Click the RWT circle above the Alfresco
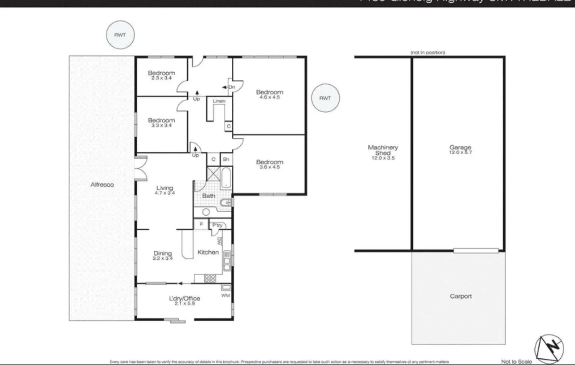pyautogui.click(x=120, y=35)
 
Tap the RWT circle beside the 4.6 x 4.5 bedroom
pyautogui.click(x=325, y=98)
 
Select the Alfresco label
pyautogui.click(x=102, y=185)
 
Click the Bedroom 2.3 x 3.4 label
pyautogui.click(x=161, y=75)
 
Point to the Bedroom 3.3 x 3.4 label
pyautogui.click(x=161, y=123)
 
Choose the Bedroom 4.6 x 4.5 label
pyautogui.click(x=269, y=94)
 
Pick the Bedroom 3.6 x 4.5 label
pyautogui.click(x=269, y=164)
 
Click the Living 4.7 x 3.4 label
pyautogui.click(x=164, y=190)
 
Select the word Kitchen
pyautogui.click(x=208, y=252)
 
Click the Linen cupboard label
pyautogui.click(x=219, y=102)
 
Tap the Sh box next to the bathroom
pyautogui.click(x=226, y=159)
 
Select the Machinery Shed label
pyautogui.click(x=383, y=152)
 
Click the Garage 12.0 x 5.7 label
pyautogui.click(x=460, y=150)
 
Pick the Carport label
pyautogui.click(x=460, y=296)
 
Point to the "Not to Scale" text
pyautogui.click(x=516, y=361)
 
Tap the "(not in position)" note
pyautogui.click(x=428, y=53)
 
